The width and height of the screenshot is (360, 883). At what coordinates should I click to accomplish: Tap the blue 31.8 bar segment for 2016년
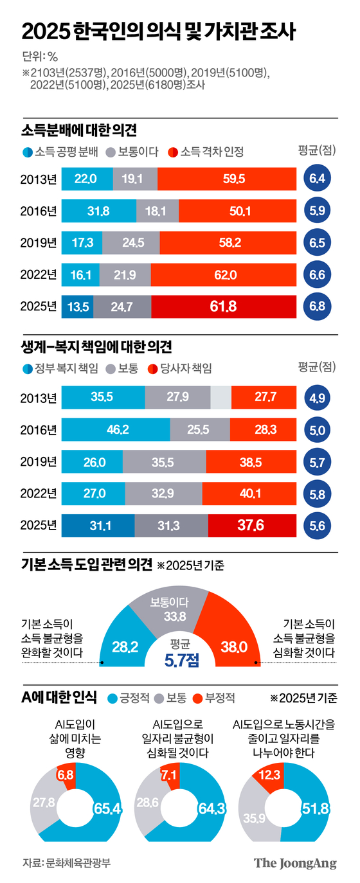click(99, 210)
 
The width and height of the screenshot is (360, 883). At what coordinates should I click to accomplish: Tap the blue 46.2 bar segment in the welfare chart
click(116, 429)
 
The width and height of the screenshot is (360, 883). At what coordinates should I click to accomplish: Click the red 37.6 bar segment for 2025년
click(252, 525)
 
